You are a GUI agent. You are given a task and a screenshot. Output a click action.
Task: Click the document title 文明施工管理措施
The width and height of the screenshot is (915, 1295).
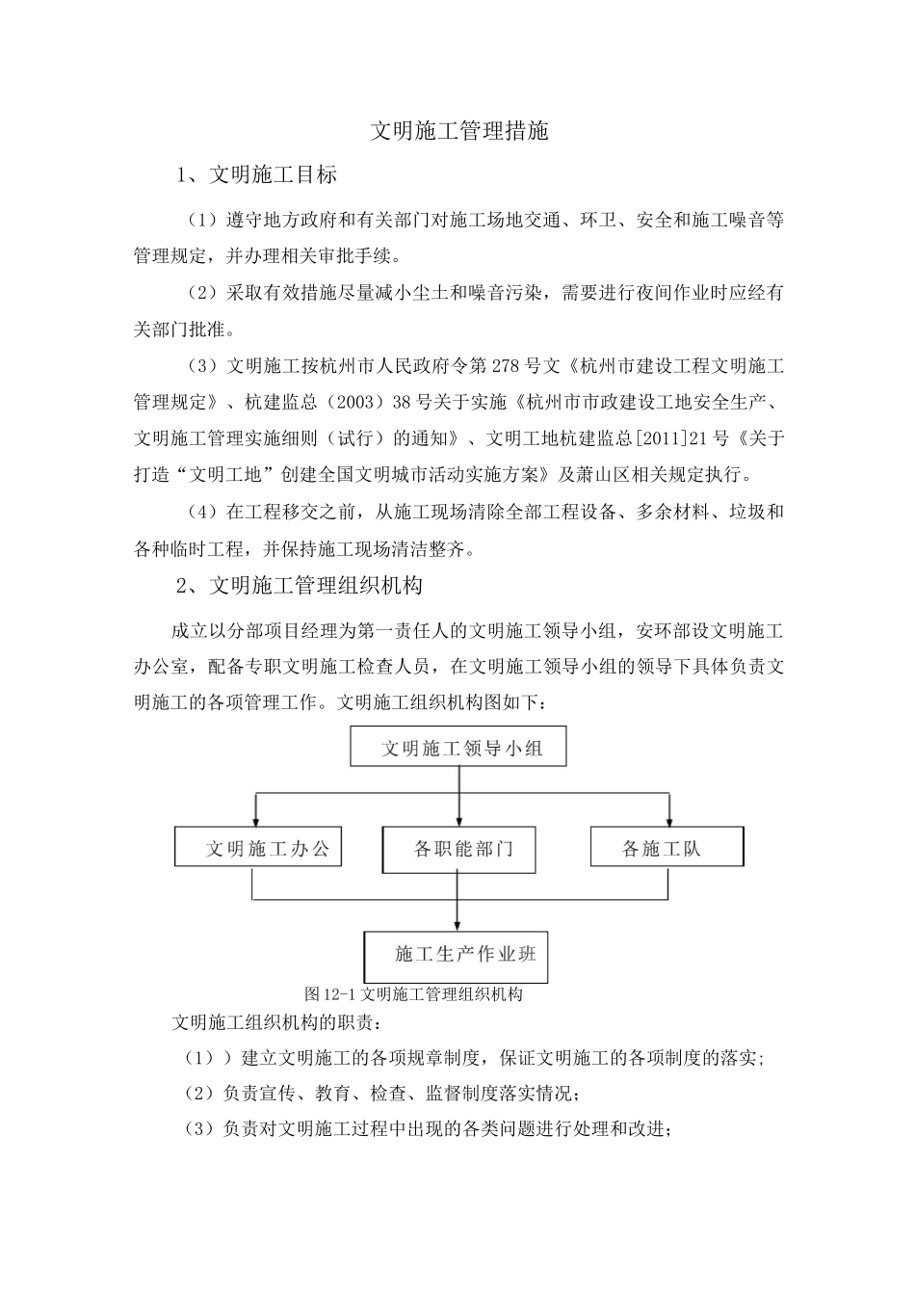[459, 131]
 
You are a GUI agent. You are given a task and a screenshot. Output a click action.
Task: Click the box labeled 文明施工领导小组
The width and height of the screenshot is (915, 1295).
[457, 748]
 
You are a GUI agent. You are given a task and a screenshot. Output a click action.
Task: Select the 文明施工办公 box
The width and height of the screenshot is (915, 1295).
[258, 848]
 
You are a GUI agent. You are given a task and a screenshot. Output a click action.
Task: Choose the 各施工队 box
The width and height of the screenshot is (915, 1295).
[666, 848]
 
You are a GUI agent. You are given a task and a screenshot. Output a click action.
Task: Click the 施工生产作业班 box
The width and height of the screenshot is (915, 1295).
[457, 954]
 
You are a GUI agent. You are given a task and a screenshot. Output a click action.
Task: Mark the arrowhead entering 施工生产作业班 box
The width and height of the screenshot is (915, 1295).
[457, 923]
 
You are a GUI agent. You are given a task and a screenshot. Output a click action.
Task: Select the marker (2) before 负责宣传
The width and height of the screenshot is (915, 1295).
[199, 1094]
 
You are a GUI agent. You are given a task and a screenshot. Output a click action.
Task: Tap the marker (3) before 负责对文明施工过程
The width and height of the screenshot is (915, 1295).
[199, 1129]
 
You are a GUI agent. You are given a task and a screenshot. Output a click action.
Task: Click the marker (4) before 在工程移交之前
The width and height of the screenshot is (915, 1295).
[203, 512]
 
